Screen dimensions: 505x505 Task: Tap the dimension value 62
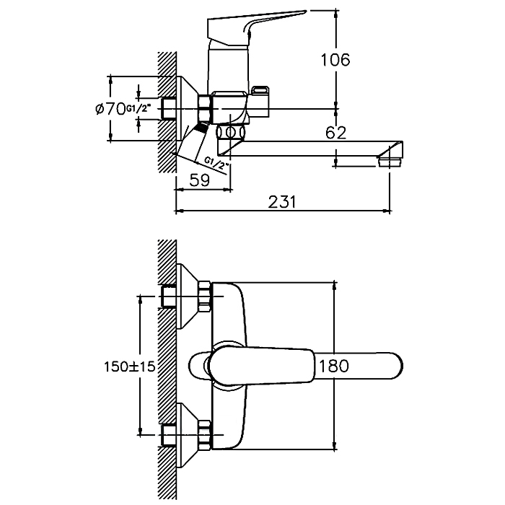pos(336,132)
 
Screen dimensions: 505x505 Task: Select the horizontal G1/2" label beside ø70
pos(138,109)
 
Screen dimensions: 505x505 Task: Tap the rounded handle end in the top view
pos(386,366)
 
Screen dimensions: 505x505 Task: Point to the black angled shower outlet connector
pos(198,131)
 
